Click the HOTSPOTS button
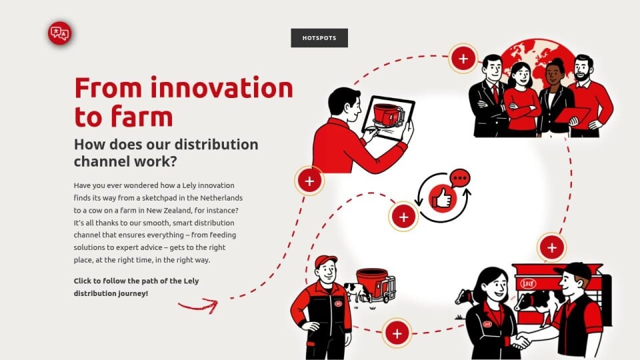coord(319,38)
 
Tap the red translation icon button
coord(59,33)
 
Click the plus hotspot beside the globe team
coord(463,59)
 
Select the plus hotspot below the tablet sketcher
coord(309,181)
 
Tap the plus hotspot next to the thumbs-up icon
coord(403,217)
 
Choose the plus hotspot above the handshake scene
coord(552,247)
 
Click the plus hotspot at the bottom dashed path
coord(397,333)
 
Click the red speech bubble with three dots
coord(460,179)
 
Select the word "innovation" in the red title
coord(222,87)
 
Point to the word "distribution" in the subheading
coord(216,145)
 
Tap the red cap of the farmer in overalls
coord(326,261)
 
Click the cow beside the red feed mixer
coord(357,291)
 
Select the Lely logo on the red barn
coord(528,283)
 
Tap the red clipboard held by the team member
coord(572,115)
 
